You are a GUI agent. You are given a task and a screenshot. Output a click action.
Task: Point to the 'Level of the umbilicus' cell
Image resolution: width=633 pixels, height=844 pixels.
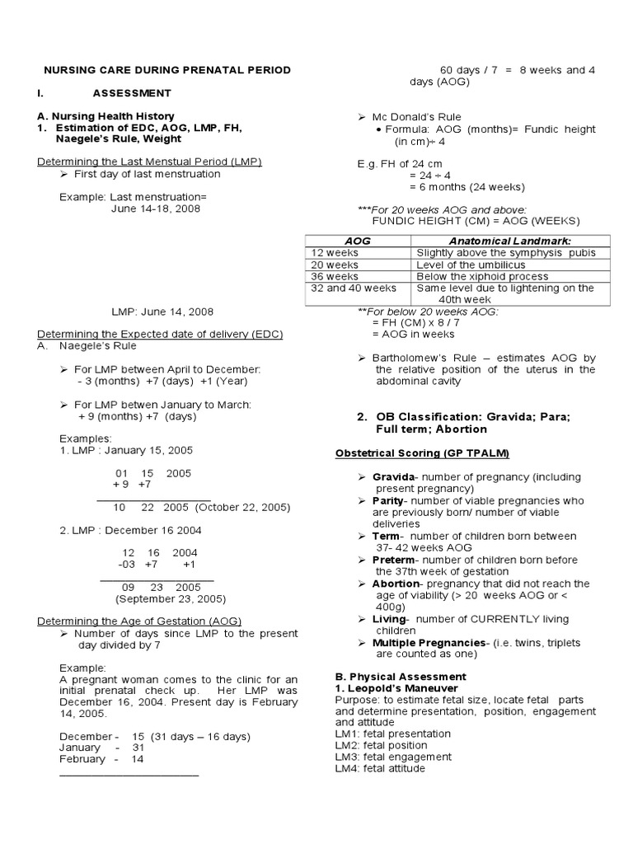click(x=469, y=265)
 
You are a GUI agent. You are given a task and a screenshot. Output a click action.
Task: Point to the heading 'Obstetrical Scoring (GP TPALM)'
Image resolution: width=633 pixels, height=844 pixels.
click(x=421, y=454)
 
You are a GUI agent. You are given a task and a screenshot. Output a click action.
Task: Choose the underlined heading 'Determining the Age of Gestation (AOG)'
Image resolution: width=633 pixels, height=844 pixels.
click(x=140, y=621)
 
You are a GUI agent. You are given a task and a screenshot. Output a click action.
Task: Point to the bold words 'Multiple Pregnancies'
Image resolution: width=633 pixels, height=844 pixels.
click(x=428, y=643)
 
